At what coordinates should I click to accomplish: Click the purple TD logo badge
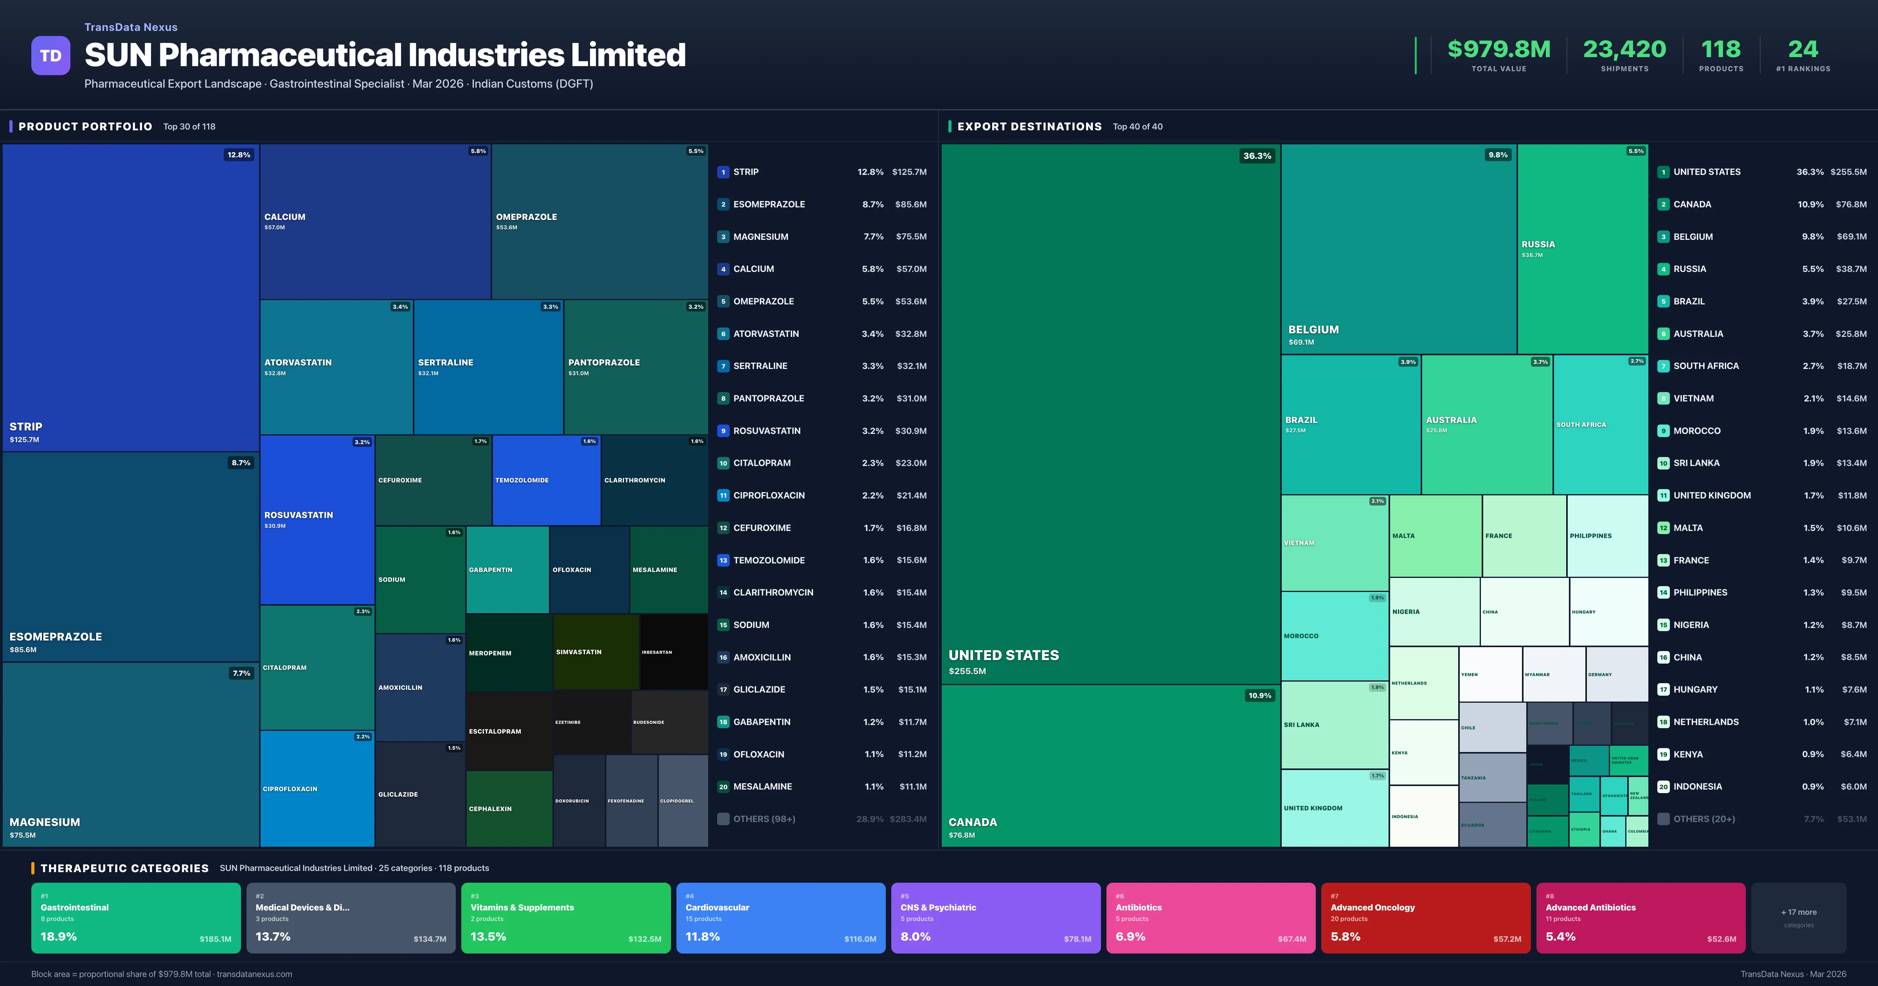click(50, 56)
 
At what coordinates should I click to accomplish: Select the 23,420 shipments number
click(1624, 50)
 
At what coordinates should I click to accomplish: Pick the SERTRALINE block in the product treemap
click(488, 367)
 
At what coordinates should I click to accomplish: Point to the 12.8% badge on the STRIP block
click(238, 155)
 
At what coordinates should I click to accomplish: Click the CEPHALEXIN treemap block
click(509, 808)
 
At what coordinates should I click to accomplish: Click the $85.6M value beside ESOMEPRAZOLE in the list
click(910, 204)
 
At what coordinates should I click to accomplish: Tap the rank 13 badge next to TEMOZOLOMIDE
click(723, 560)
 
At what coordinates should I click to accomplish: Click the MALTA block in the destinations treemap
click(1435, 536)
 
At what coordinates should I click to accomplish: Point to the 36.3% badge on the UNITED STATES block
click(1257, 155)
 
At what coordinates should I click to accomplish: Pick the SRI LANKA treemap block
click(1334, 725)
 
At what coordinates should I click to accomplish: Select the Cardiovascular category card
click(780, 918)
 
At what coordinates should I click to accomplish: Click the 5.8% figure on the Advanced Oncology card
click(1345, 936)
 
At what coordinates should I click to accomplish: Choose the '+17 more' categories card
click(1799, 918)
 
